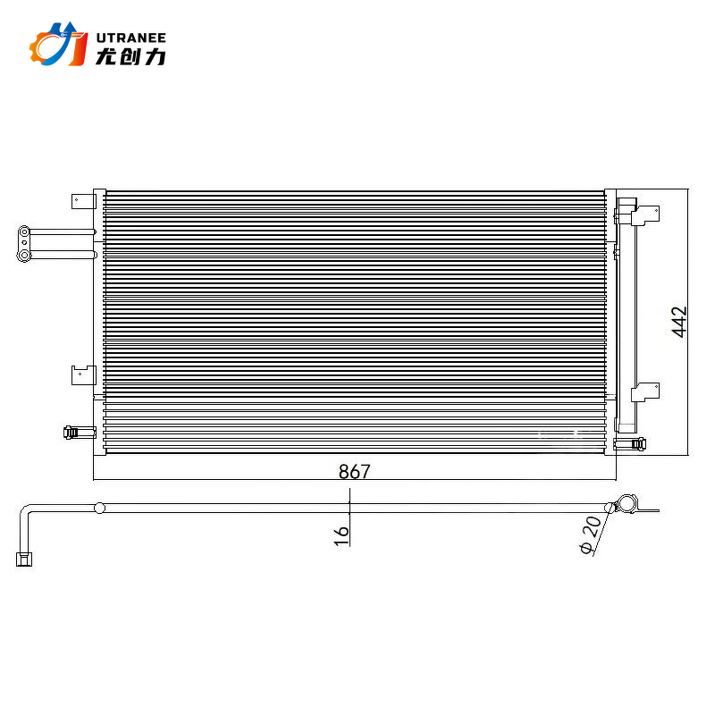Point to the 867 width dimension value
click(354, 471)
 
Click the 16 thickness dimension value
click(341, 534)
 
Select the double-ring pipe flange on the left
click(25, 244)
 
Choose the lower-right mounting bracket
click(644, 391)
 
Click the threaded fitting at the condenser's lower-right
click(637, 442)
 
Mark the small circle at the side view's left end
click(99, 508)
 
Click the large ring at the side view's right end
click(627, 504)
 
